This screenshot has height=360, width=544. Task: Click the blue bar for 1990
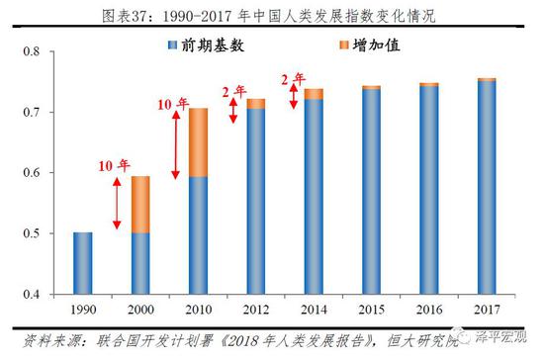click(x=83, y=263)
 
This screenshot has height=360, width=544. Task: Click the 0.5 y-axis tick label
click(x=33, y=233)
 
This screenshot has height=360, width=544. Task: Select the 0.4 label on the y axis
click(x=33, y=295)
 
